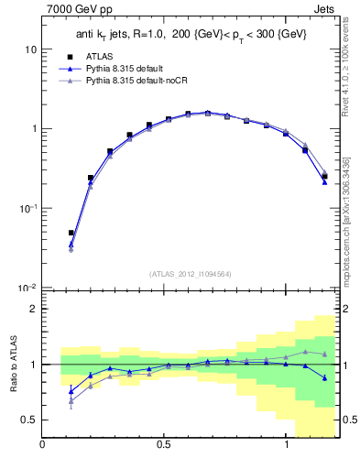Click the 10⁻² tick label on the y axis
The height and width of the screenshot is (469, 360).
27,289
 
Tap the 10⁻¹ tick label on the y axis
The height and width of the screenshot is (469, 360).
27,209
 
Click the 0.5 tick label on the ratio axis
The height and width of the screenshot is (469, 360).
28,420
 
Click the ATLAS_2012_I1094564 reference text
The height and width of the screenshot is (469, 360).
190,274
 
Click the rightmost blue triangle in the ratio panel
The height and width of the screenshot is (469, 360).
324,377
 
